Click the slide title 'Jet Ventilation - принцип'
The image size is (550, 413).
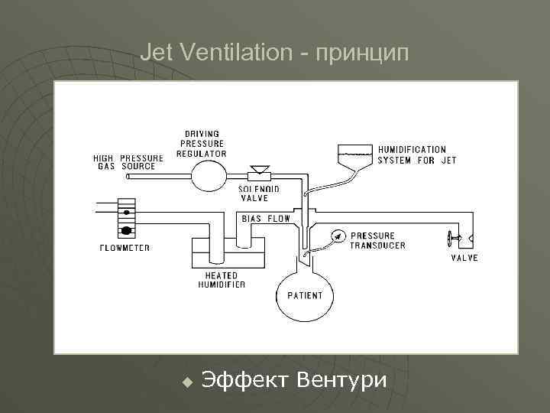(x=275, y=53)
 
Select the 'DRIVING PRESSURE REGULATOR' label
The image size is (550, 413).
(x=202, y=143)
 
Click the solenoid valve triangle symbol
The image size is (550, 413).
(x=260, y=168)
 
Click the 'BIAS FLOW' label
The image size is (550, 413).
(x=267, y=219)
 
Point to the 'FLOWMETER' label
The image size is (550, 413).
(x=125, y=248)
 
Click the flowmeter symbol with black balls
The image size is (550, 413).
(x=126, y=218)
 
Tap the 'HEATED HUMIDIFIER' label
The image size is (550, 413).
(x=221, y=280)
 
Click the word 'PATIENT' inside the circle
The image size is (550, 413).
(x=305, y=295)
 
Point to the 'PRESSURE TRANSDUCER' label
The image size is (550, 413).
(x=377, y=240)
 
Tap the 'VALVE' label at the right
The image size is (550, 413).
(x=464, y=258)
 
